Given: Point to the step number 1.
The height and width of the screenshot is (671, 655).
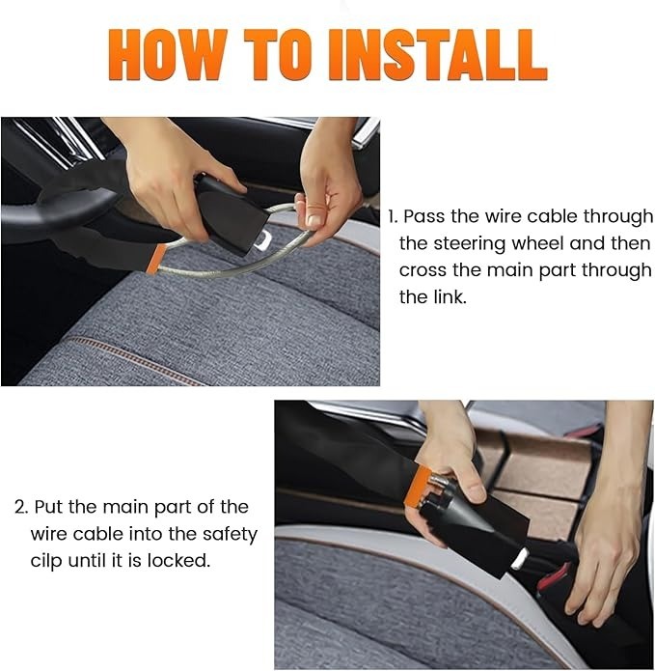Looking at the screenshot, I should coord(393,216).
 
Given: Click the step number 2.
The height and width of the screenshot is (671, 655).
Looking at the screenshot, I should coord(20,507).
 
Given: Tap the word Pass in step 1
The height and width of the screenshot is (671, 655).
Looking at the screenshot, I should coord(424,216).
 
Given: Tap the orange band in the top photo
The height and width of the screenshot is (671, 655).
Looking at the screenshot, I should coord(158,258).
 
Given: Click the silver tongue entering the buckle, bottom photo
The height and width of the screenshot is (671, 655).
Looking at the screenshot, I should coord(522,557).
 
